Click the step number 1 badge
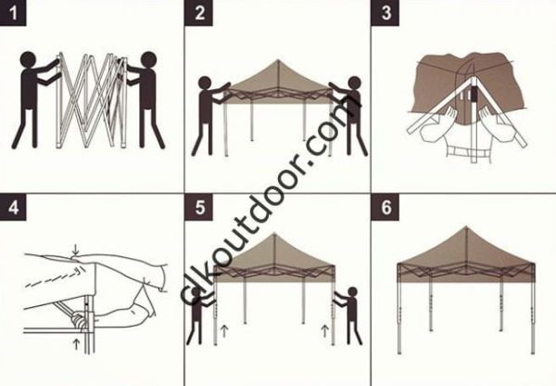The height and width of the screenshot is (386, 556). [x=13, y=13]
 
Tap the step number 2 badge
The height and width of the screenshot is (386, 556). [x=199, y=13]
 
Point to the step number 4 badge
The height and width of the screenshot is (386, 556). [x=13, y=207]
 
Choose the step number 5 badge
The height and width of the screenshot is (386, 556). [x=199, y=207]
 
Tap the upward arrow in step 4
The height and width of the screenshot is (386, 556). [x=75, y=344]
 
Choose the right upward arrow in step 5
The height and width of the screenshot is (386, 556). [x=324, y=328]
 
